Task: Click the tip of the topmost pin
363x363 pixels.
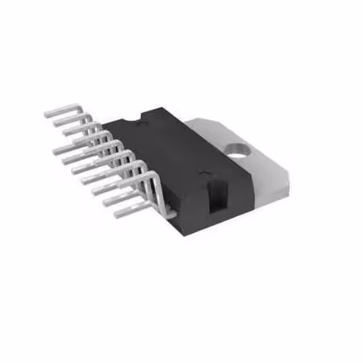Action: click(47, 114)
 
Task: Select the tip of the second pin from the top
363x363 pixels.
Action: click(55, 124)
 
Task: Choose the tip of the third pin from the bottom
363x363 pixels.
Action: click(95, 192)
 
